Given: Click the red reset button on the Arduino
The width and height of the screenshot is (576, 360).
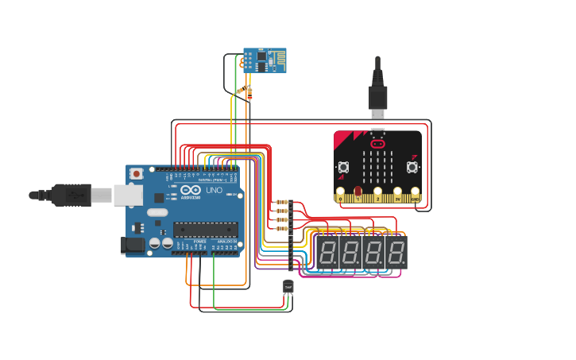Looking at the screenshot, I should tap(137, 173).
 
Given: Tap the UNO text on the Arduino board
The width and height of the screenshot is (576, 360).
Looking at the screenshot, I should tap(214, 191).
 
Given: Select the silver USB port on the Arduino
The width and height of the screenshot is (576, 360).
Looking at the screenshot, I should tap(127, 195).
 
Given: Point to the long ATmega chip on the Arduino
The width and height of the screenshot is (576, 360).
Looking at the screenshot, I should tap(205, 230).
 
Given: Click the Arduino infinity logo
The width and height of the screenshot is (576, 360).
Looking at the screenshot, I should tap(191, 191).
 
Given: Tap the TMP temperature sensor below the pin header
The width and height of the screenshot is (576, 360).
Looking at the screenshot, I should tap(288, 286).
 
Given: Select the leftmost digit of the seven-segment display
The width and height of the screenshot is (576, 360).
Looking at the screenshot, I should tap(327, 253).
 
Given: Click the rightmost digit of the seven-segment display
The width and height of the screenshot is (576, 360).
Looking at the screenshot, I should tap(396, 253).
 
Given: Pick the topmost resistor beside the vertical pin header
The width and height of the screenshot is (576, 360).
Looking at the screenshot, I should tap(280, 203).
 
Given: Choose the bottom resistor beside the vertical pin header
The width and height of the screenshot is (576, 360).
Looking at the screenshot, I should tap(280, 228).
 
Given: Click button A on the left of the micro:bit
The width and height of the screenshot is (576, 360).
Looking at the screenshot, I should tap(344, 167).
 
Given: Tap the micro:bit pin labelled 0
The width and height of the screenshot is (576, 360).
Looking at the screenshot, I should tap(341, 193).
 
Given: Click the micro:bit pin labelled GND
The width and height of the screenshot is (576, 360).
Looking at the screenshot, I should tap(415, 193).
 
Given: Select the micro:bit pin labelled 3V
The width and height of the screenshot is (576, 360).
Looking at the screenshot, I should tap(396, 193).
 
